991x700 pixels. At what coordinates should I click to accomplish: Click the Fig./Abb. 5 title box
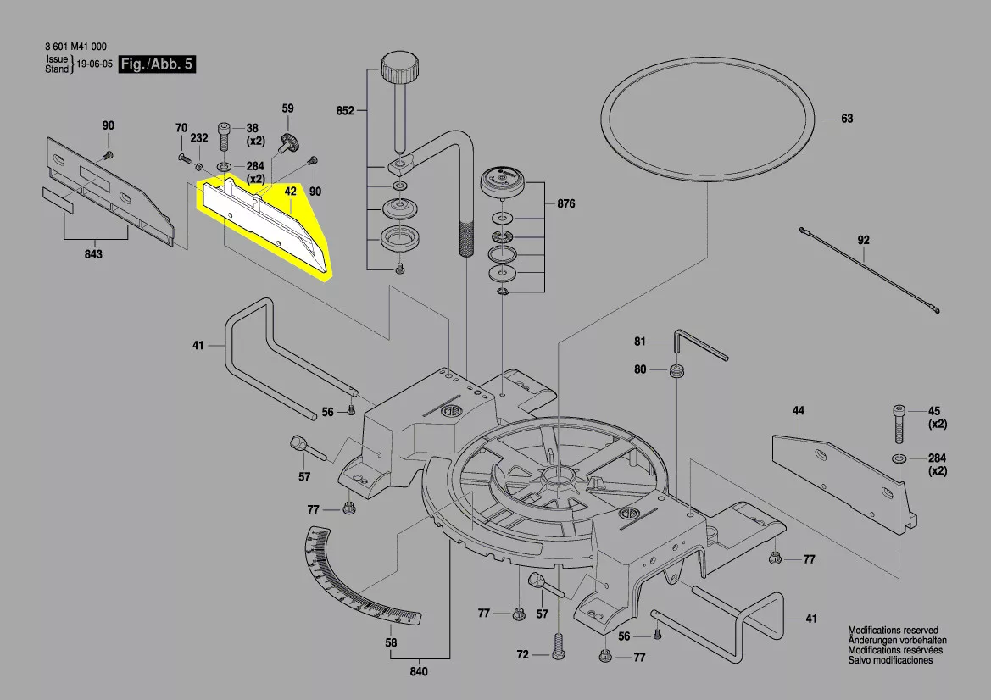tap(157, 64)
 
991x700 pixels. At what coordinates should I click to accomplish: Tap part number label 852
tap(345, 110)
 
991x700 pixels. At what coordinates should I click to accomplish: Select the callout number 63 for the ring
tap(847, 119)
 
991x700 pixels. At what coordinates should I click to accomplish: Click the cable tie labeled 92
tap(868, 271)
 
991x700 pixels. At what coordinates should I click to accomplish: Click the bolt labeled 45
tap(899, 424)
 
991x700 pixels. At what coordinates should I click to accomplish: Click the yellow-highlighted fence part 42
tap(263, 225)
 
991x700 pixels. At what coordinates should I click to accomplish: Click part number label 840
tap(419, 672)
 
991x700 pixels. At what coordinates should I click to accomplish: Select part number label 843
tap(93, 255)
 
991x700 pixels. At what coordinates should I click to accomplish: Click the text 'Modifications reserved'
tap(893, 631)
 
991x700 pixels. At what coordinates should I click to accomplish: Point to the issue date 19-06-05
tap(94, 64)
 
